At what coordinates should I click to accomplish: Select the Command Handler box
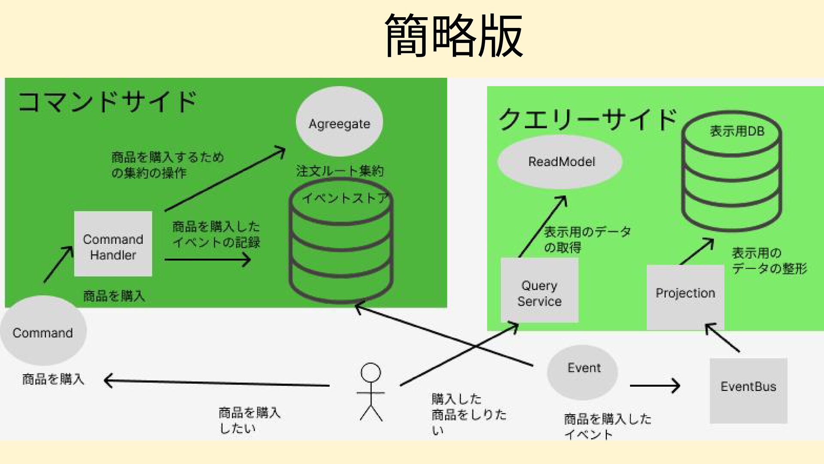pyautogui.click(x=113, y=244)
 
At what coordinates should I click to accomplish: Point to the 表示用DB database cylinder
pyautogui.click(x=732, y=176)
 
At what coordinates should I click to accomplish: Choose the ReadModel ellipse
pyautogui.click(x=560, y=162)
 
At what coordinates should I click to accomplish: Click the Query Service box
pyautogui.click(x=539, y=290)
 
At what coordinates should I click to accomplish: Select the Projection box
pyautogui.click(x=685, y=296)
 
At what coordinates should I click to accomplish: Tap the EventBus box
pyautogui.click(x=748, y=390)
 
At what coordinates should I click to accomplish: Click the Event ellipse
pyautogui.click(x=582, y=372)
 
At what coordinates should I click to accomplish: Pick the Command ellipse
pyautogui.click(x=43, y=331)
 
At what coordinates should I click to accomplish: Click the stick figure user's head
pyautogui.click(x=371, y=372)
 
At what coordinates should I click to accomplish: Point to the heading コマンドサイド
pyautogui.click(x=107, y=102)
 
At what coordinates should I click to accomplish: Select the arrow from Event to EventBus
pyautogui.click(x=654, y=386)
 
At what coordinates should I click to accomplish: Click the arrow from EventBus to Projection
pyautogui.click(x=723, y=338)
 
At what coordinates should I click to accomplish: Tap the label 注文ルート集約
pyautogui.click(x=339, y=171)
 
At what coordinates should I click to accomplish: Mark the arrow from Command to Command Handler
pyautogui.click(x=58, y=264)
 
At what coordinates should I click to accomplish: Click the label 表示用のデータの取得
pyautogui.click(x=587, y=239)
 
